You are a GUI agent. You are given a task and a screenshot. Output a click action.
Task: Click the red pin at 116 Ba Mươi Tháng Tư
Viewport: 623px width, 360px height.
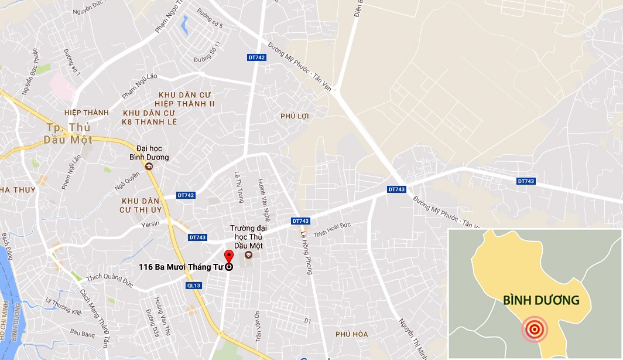tap(228, 257)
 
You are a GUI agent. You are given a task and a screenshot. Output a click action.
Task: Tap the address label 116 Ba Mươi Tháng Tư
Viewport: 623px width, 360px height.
tap(182, 267)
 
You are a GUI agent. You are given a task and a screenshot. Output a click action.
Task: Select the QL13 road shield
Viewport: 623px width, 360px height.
tap(194, 286)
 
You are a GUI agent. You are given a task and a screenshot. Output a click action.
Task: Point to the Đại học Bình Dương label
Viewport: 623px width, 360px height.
tap(149, 153)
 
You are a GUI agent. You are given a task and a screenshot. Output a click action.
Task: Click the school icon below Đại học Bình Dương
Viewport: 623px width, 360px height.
tap(149, 167)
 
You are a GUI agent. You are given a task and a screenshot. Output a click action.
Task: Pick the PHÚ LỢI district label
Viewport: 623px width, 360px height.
tap(295, 116)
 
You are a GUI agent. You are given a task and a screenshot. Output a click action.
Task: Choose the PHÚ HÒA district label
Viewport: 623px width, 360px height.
tap(352, 334)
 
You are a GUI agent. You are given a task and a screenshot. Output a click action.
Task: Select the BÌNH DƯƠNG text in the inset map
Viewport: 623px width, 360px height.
tap(541, 300)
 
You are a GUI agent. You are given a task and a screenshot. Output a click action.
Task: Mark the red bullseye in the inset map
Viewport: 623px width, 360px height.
tap(534, 329)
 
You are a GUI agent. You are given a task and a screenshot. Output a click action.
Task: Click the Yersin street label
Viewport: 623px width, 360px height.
tap(150, 225)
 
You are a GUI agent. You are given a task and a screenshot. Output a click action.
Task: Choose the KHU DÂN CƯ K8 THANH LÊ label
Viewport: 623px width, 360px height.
tap(149, 117)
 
